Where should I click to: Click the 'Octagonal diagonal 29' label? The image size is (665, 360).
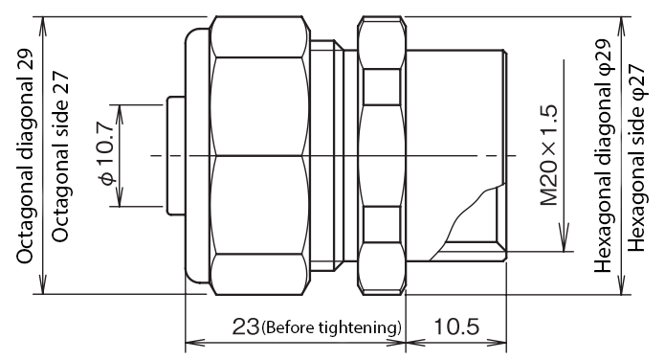coord(24,155)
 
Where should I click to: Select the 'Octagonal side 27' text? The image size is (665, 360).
coord(59,156)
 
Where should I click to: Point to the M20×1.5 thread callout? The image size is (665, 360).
coord(549,155)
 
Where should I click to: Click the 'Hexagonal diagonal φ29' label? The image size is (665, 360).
coord(603,156)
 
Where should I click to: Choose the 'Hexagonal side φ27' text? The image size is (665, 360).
coord(636,157)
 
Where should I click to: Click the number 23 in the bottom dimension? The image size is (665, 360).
coord(245,326)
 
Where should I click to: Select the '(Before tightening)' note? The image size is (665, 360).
coord(331,327)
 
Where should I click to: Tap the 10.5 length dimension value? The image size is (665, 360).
coord(456,326)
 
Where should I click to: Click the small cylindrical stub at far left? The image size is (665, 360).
coord(176,156)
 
